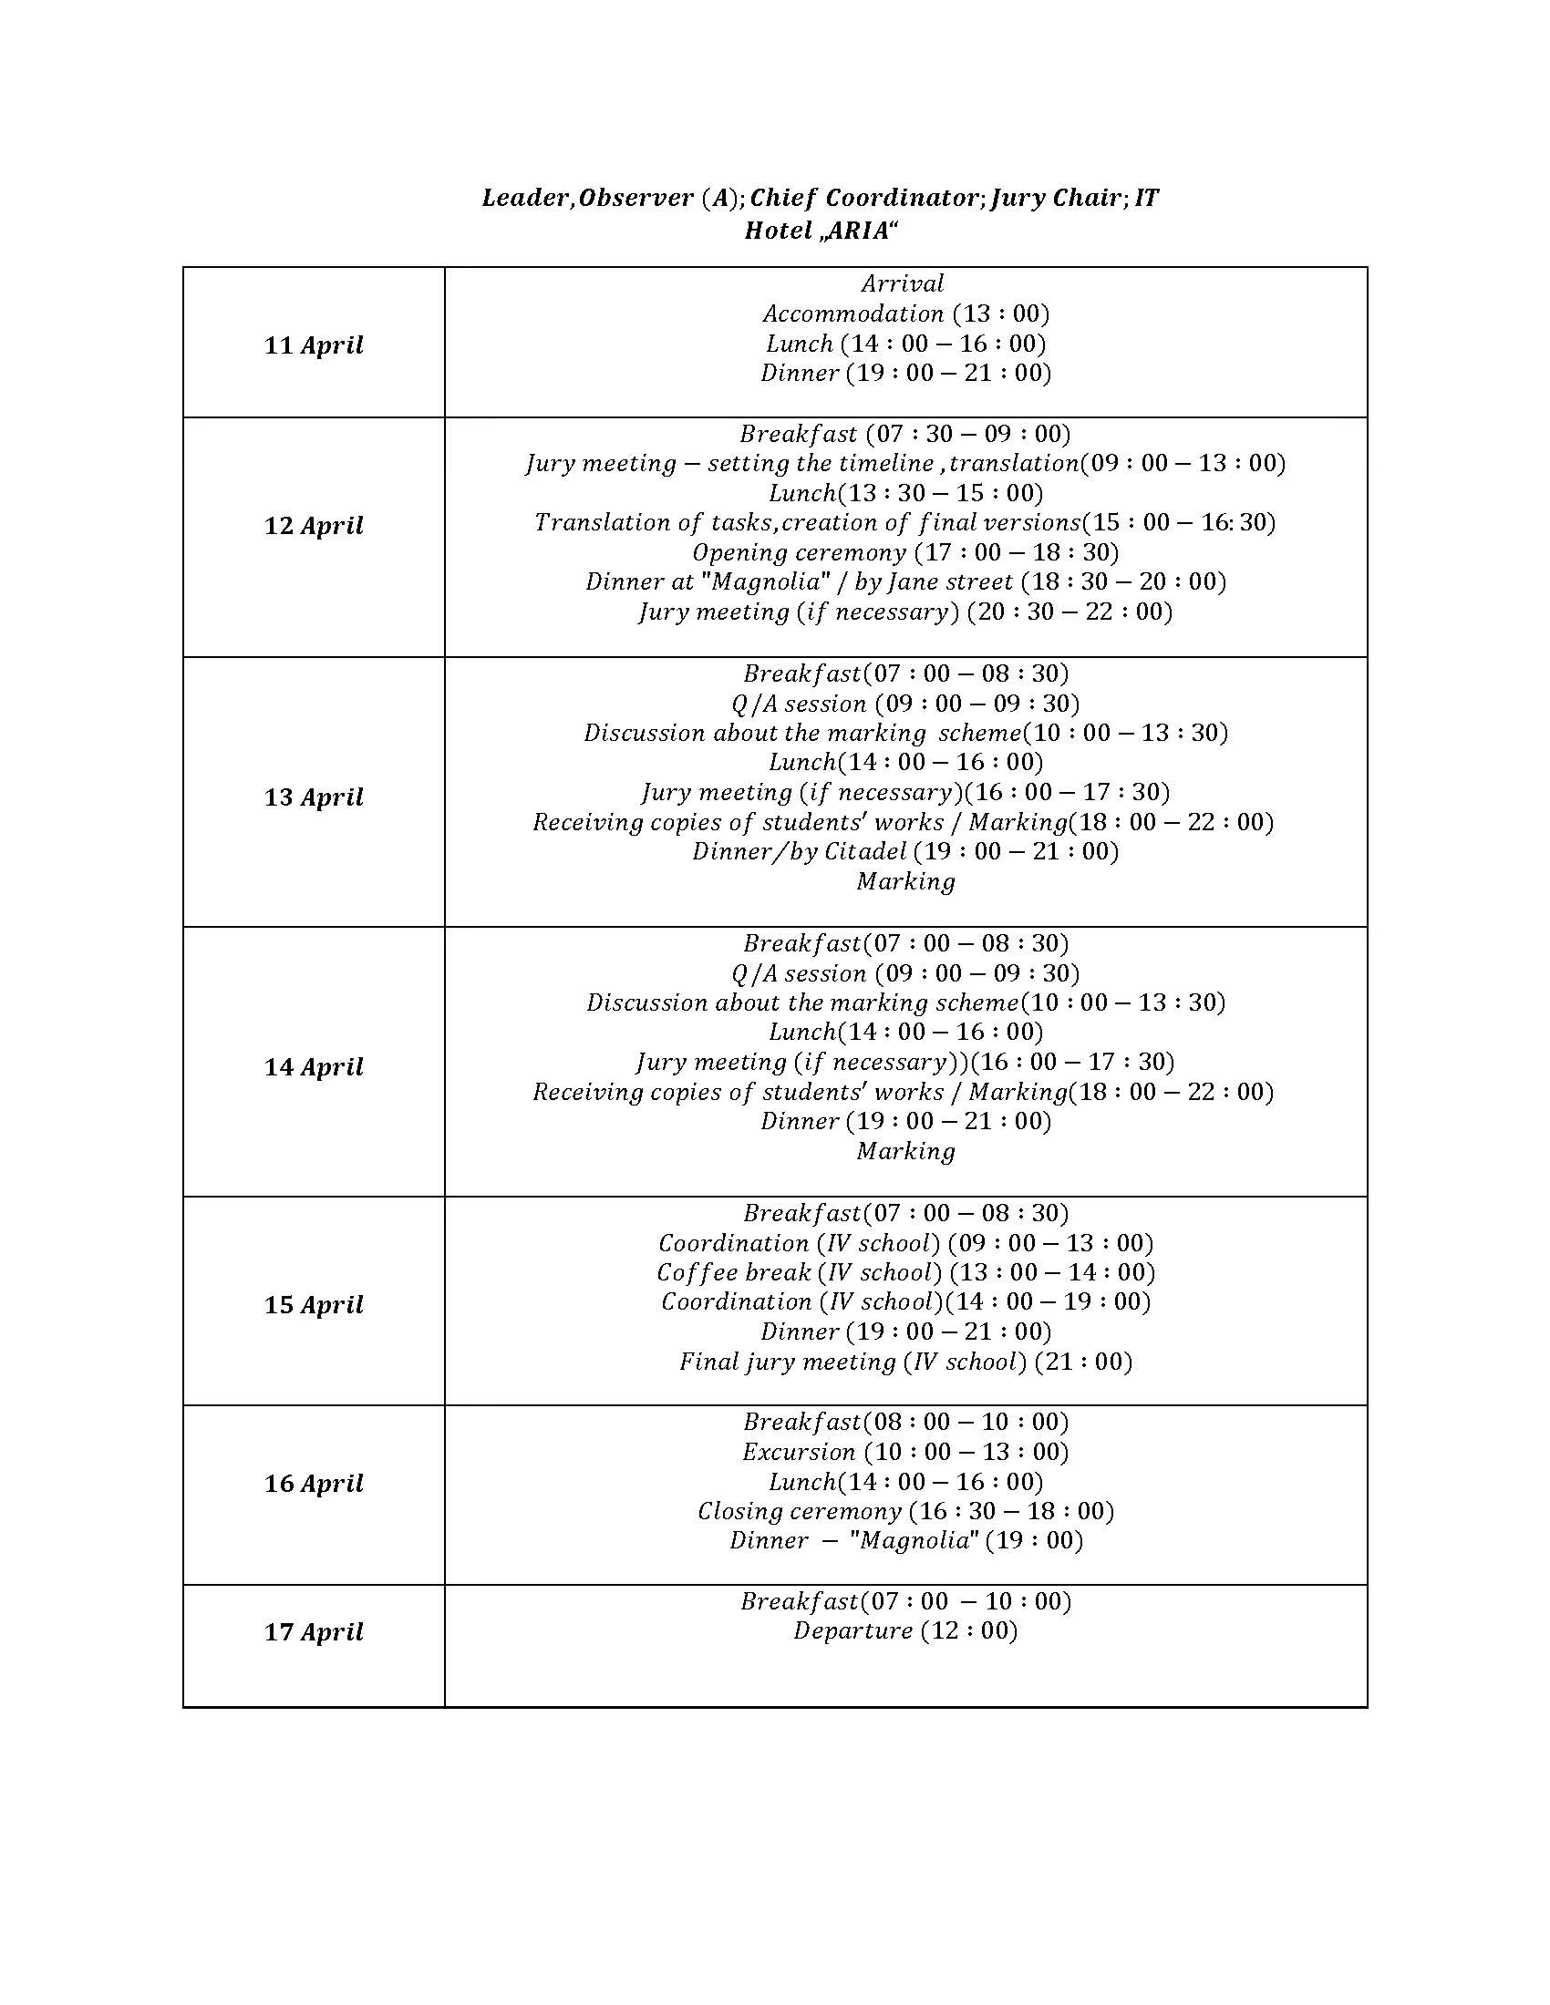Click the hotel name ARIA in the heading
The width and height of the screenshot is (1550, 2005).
pyautogui.click(x=857, y=231)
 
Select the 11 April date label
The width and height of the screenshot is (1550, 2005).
pyautogui.click(x=314, y=345)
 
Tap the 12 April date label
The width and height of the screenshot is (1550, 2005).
pyautogui.click(x=314, y=526)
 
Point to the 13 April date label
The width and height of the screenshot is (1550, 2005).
pyautogui.click(x=314, y=797)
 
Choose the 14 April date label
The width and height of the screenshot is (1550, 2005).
pyautogui.click(x=314, y=1067)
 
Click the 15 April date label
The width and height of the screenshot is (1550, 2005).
pyautogui.click(x=314, y=1304)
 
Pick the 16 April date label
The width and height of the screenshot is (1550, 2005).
pyautogui.click(x=314, y=1484)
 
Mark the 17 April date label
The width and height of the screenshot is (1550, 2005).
pyautogui.click(x=314, y=1632)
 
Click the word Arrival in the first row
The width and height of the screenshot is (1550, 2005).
pyautogui.click(x=903, y=283)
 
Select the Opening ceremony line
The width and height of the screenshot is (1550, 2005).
pyautogui.click(x=905, y=552)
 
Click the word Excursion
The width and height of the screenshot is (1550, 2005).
pyautogui.click(x=798, y=1453)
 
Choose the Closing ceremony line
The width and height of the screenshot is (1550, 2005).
pyautogui.click(x=905, y=1511)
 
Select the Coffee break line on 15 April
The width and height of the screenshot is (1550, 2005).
pyautogui.click(x=905, y=1273)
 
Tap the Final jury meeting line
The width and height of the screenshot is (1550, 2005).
pyautogui.click(x=905, y=1362)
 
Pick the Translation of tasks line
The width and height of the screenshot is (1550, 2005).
pyautogui.click(x=905, y=523)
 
